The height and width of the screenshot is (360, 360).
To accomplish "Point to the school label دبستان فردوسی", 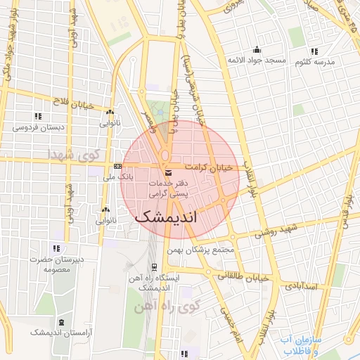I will point(36,128).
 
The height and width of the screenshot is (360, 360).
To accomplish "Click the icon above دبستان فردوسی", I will point(37,116).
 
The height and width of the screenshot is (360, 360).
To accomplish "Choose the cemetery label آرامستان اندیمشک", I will point(68,330).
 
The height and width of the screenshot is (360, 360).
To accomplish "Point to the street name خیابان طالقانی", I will point(243,277).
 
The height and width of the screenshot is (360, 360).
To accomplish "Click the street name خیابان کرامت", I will point(209,167).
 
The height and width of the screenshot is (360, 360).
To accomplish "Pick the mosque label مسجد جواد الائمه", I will point(256,60).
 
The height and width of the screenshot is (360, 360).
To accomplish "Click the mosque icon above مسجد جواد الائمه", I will point(257,49).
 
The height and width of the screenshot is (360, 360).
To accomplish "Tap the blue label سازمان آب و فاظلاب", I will point(300,345).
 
